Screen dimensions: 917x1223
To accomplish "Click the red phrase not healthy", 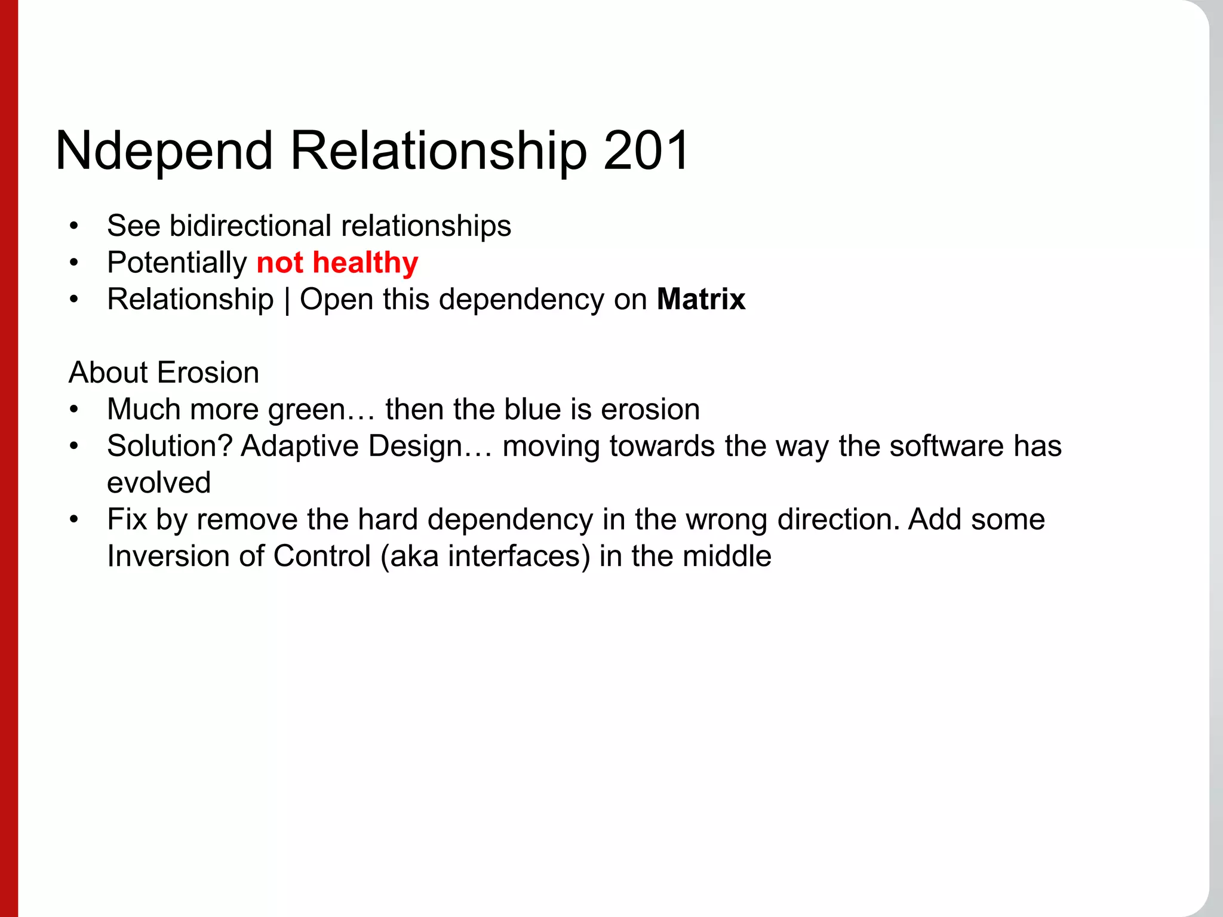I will [337, 263].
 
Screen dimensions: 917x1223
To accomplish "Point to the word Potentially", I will [177, 263].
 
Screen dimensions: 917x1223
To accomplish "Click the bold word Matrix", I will [701, 299].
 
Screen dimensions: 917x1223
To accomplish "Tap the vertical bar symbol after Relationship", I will [287, 300].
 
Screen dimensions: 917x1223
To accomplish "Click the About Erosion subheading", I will [164, 373].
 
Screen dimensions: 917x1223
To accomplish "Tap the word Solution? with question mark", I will [170, 446].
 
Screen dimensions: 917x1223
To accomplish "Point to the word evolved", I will [159, 482].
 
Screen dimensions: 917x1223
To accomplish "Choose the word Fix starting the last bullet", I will [127, 519].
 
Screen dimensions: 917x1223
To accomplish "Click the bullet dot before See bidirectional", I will [73, 226].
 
